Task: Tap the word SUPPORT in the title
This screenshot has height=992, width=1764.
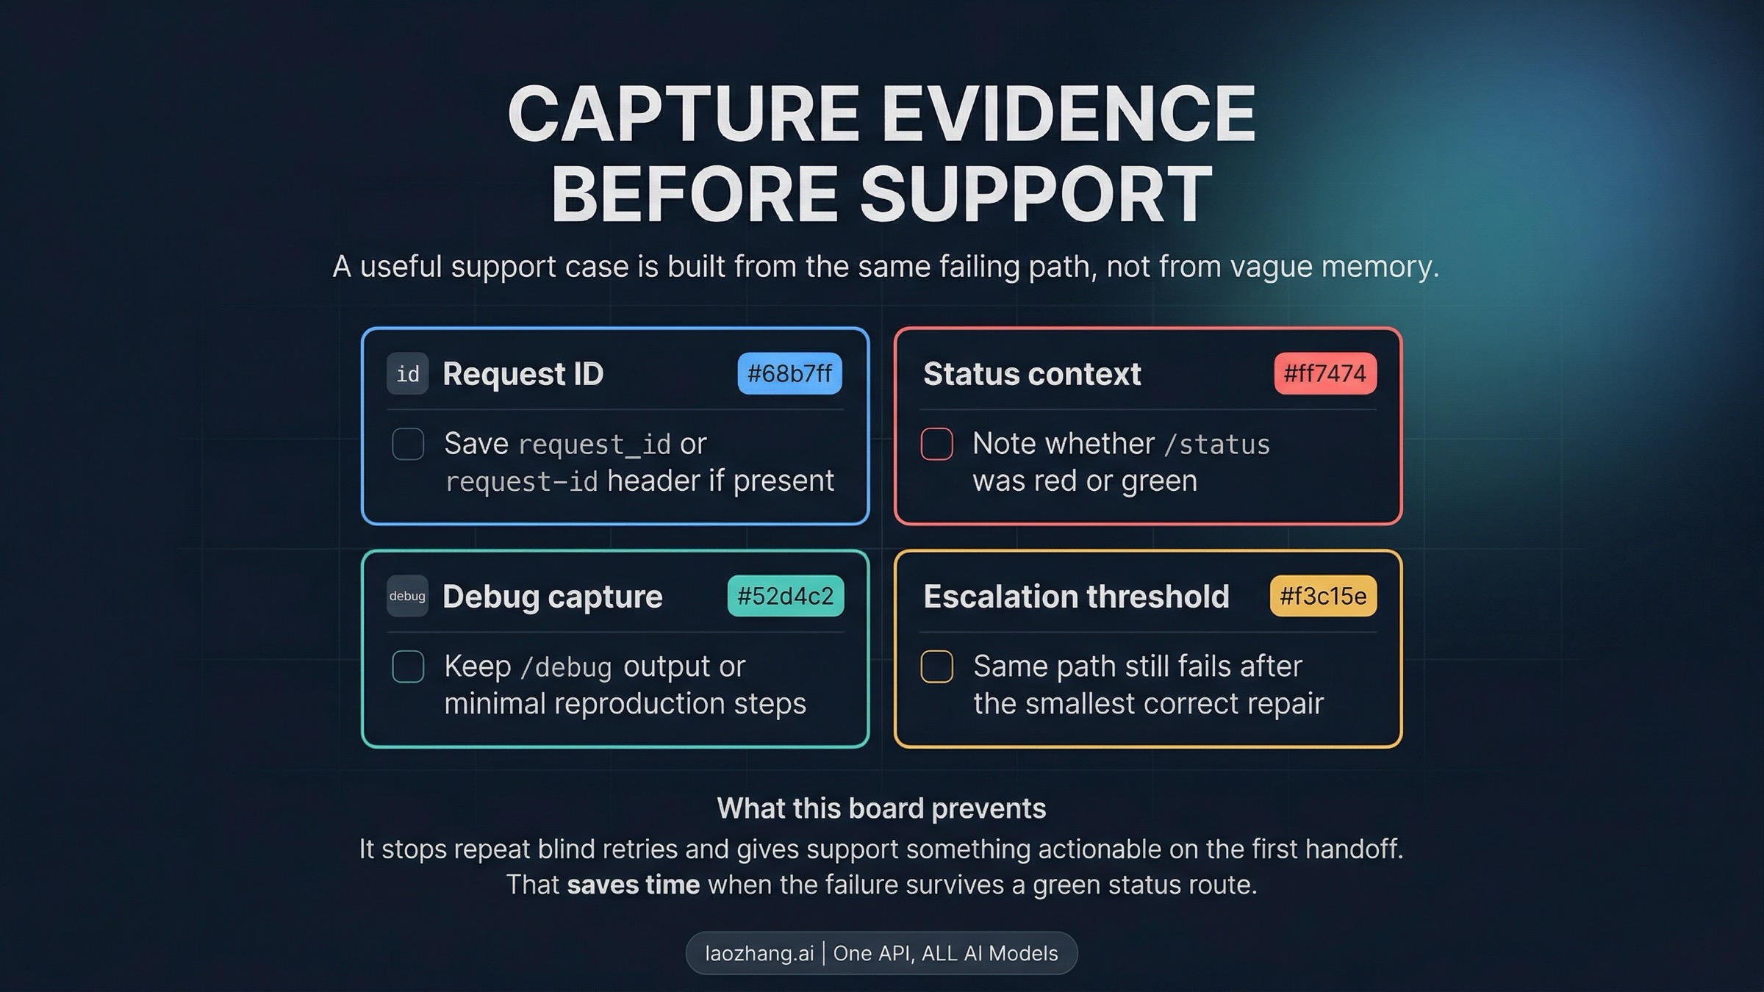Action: point(1036,194)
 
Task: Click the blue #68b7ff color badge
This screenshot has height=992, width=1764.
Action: point(789,373)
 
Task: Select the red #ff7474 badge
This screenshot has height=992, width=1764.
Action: point(1325,373)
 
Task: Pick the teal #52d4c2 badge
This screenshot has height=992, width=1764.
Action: point(786,596)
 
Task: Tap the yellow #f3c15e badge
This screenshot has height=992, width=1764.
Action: point(1323,596)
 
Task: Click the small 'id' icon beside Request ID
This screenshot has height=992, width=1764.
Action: point(408,374)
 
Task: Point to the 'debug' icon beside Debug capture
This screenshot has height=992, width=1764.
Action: point(408,596)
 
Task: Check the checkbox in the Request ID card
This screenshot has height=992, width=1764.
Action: point(408,444)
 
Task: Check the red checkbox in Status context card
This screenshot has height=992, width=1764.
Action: point(937,444)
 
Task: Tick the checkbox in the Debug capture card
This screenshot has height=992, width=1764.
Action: point(408,666)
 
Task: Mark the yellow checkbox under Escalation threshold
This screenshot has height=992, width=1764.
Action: point(937,666)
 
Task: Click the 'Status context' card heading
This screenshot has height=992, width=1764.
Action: point(1032,374)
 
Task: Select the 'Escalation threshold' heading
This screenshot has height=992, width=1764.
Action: point(1076,596)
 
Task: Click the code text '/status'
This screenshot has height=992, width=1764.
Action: point(1218,445)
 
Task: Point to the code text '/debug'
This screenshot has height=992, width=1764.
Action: point(566,667)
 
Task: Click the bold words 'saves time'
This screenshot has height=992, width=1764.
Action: point(633,885)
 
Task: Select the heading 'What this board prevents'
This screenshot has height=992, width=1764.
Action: point(881,808)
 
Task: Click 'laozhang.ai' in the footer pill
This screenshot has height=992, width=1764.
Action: point(759,953)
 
